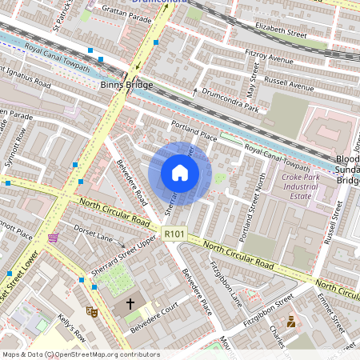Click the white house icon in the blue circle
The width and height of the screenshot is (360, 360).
[x=180, y=173]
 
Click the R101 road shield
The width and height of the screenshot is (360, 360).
[x=174, y=234]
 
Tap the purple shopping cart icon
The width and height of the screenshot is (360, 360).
[x=53, y=238]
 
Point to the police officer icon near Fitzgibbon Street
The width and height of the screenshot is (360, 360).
[x=290, y=322]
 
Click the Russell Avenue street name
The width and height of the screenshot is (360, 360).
[x=290, y=83]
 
